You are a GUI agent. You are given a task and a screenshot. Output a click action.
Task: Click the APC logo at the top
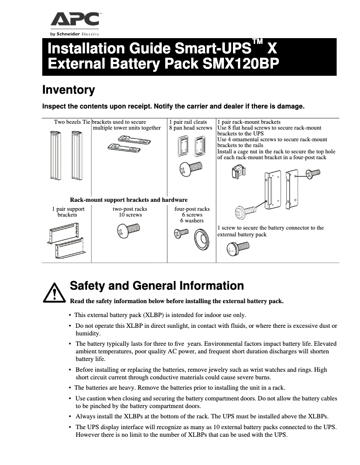pos(75,20)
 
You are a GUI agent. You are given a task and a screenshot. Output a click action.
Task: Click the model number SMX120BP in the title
pos(241,64)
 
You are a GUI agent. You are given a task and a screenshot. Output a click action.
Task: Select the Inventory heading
pos(68,90)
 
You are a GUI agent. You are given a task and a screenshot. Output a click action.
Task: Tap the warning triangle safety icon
pos(53,292)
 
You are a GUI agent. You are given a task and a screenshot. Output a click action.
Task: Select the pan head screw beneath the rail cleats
pos(190,169)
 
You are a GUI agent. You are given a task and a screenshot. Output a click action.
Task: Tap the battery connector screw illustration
pos(237,247)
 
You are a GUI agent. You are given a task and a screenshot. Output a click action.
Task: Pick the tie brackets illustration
pos(129,144)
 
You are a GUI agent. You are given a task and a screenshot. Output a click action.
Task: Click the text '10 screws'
pos(130,215)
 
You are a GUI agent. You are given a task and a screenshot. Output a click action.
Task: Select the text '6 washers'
pos(192,221)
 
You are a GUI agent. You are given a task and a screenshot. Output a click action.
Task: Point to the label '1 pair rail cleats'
pos(188,122)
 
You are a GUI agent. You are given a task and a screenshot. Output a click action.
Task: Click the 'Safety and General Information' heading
pos(157,286)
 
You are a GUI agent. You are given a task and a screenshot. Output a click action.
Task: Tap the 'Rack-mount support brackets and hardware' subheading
pos(129,200)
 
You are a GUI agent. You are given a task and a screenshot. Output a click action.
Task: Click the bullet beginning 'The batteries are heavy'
pos(180,388)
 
